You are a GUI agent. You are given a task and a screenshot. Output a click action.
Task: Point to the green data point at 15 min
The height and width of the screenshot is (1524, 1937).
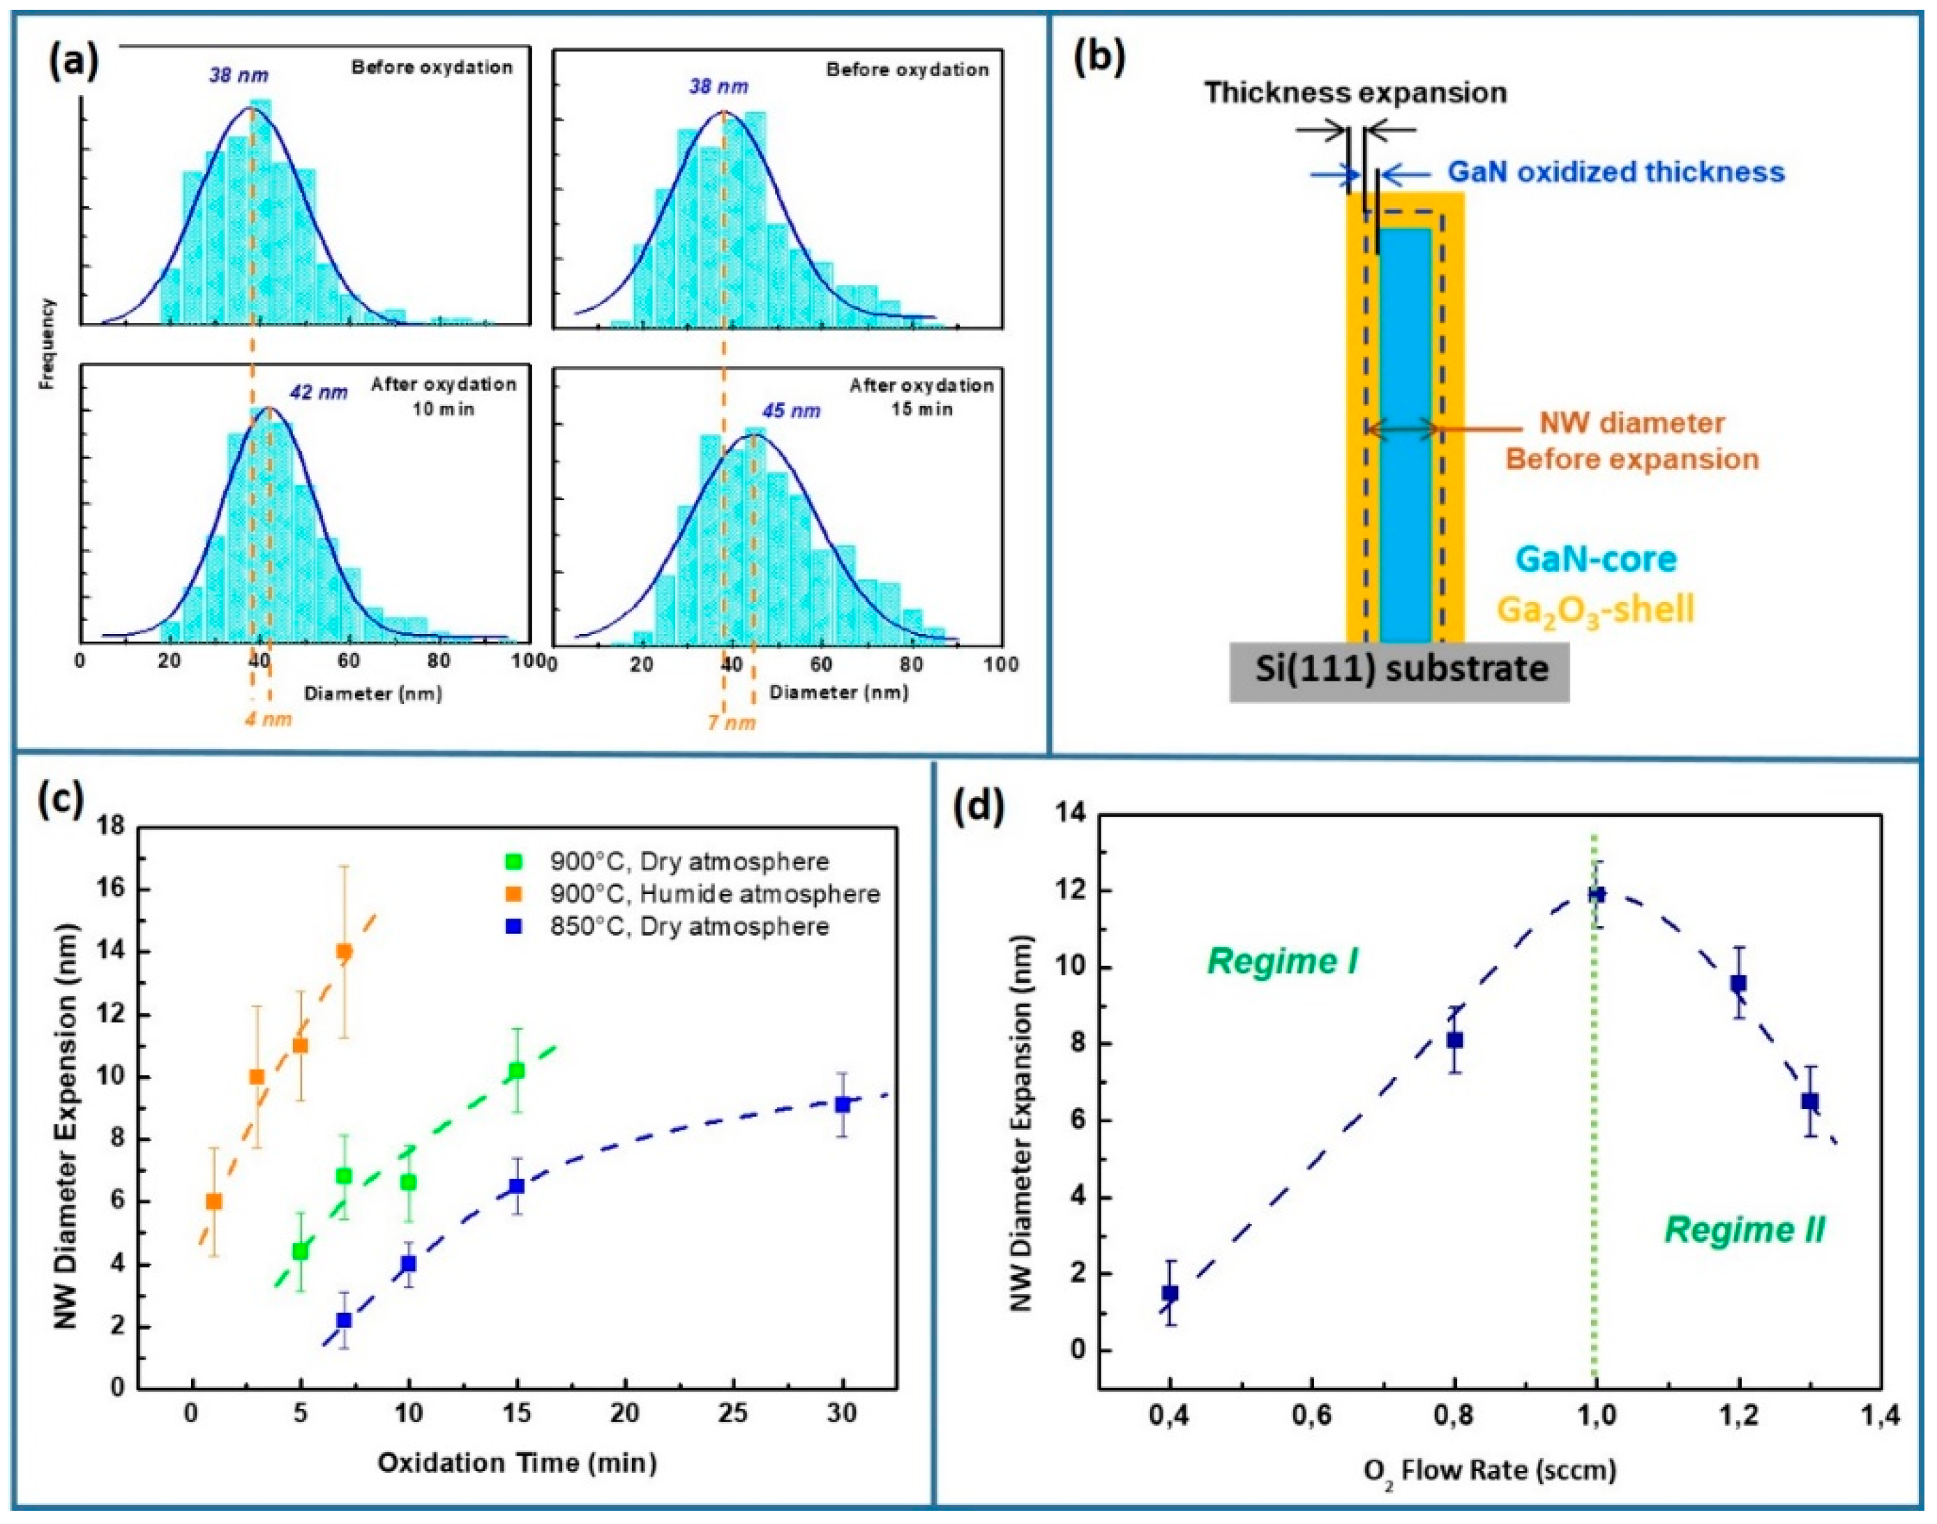pos(517,1071)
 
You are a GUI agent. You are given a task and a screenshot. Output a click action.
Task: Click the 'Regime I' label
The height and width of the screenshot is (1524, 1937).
pos(1282,961)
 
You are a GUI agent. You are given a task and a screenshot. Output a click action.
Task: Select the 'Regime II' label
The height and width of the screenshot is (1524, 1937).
pos(1744,1230)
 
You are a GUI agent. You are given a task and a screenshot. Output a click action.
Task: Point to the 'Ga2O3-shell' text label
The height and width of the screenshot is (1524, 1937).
pos(1595,610)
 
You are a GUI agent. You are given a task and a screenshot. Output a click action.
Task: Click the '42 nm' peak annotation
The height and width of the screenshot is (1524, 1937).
pos(317,392)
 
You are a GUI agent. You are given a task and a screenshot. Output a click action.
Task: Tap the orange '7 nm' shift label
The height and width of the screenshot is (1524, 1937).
pos(732,723)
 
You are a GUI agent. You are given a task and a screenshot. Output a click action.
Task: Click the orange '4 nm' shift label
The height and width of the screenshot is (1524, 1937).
pos(269,718)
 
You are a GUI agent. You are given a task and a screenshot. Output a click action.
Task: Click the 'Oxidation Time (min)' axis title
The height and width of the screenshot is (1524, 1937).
pos(517,1463)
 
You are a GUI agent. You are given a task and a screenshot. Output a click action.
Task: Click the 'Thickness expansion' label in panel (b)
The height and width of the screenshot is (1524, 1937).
pos(1355,92)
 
